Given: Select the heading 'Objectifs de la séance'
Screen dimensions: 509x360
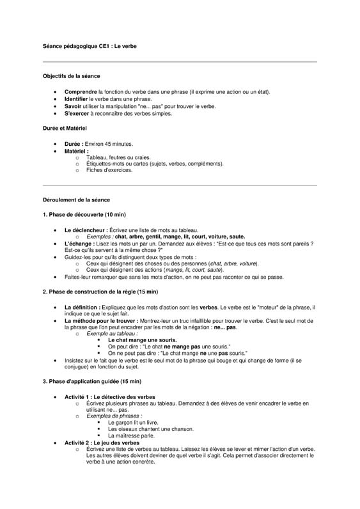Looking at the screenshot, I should pos(71,76).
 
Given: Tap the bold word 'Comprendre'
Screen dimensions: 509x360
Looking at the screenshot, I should pos(81,92).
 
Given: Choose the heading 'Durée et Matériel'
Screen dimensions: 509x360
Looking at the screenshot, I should pos(66,129).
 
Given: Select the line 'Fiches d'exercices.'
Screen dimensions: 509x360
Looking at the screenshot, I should pos(109,171).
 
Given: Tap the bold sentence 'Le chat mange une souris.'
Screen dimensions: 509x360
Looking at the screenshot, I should pos(142,340).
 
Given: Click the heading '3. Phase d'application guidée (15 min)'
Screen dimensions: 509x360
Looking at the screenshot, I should pos(91,382).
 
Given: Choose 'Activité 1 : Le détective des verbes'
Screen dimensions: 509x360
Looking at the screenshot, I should pos(109,397).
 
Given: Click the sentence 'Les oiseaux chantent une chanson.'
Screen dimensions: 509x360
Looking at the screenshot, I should pos(151,429).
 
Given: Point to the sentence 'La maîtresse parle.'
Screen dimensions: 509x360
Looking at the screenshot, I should pos(132,435).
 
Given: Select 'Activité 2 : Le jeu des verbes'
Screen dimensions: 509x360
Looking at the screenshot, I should pos(102,442).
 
